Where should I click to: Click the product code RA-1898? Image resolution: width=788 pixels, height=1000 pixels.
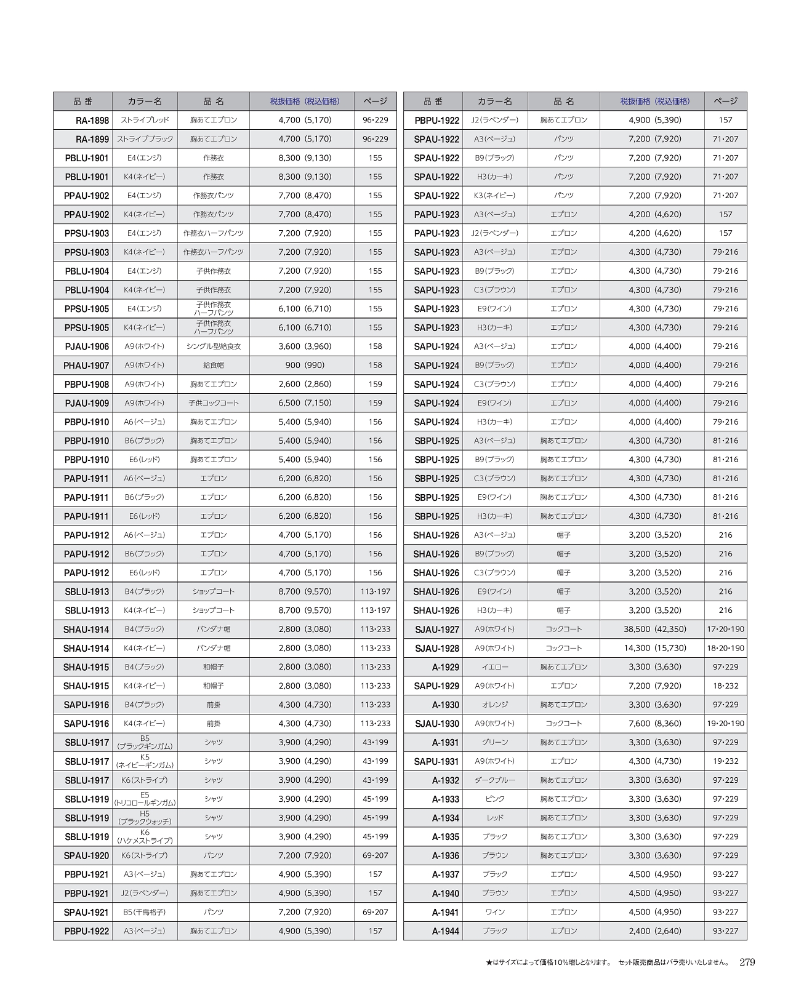tap(92, 121)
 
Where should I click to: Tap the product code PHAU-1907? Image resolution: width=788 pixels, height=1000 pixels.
tap(86, 366)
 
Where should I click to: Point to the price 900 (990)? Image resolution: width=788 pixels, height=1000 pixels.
tap(305, 366)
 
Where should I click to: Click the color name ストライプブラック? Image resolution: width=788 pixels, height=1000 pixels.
tap(145, 139)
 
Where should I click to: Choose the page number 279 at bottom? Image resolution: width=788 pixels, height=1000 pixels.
tap(747, 962)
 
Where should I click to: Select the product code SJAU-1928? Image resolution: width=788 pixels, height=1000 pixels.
tap(436, 649)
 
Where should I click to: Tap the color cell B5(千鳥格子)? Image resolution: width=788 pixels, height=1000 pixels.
tap(145, 912)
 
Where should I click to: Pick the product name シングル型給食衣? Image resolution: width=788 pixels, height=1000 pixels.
tap(214, 346)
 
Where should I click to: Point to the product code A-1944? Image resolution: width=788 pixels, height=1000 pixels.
tap(445, 931)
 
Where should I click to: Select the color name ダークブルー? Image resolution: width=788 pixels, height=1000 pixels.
tap(495, 780)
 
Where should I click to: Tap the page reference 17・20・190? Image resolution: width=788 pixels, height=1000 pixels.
tap(725, 630)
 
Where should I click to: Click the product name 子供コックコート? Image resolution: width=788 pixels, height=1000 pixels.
tap(214, 403)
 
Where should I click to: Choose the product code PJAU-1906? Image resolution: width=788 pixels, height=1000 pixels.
tap(87, 346)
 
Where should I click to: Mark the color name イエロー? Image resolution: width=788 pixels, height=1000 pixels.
tap(495, 667)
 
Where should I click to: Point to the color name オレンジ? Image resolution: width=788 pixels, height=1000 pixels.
tap(495, 705)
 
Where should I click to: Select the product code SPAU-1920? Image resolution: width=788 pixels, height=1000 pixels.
tap(86, 856)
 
